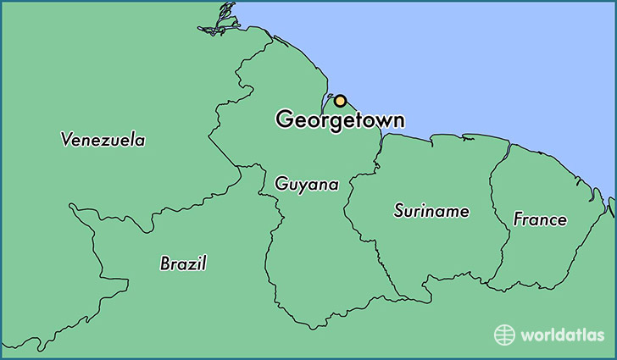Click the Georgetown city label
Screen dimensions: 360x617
(x=339, y=120)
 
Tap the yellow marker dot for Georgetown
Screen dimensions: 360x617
(x=340, y=101)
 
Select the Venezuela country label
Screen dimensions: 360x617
(x=103, y=140)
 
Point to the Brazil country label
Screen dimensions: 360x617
(x=183, y=263)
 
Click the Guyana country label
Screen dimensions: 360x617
(x=306, y=184)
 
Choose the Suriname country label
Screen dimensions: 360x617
(x=431, y=211)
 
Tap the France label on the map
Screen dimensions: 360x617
(x=540, y=219)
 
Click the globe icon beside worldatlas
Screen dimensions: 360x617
(x=505, y=335)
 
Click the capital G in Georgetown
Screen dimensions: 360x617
(x=285, y=120)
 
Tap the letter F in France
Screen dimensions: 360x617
(x=518, y=219)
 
